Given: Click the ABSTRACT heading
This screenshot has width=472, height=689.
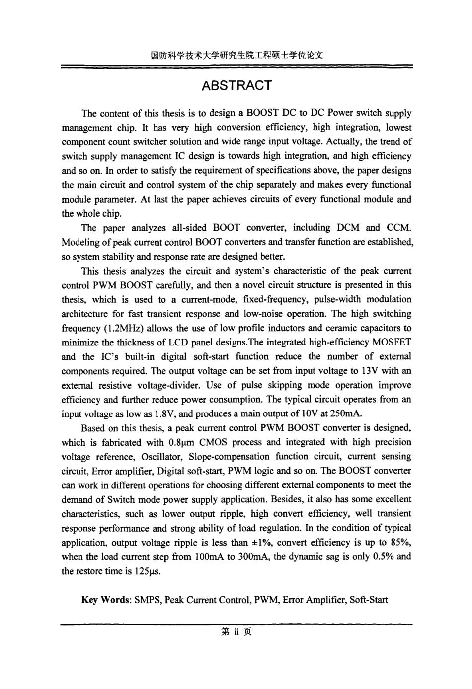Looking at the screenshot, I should (x=236, y=86).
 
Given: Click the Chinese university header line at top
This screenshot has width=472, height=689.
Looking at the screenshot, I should (x=236, y=55).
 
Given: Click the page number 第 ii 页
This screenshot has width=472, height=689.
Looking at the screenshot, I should (x=236, y=632).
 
